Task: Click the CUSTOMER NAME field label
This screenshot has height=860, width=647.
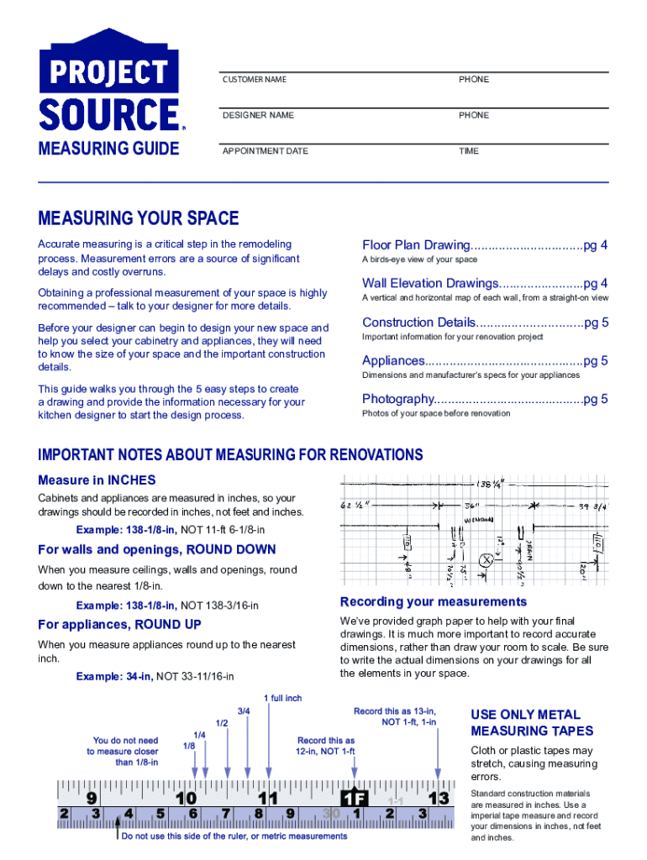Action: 254,80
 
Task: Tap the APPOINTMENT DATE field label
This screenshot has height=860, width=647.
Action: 265,151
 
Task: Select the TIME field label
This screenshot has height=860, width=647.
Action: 468,151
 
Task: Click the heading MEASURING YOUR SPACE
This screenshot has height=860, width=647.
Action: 139,219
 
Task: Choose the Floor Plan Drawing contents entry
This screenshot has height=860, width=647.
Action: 485,245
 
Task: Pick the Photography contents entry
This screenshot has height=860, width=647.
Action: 485,399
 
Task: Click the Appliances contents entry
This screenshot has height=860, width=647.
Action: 485,361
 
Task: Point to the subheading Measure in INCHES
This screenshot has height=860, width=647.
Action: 97,480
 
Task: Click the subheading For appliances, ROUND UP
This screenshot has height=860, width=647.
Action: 119,624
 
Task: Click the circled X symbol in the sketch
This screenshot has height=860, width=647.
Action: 485,560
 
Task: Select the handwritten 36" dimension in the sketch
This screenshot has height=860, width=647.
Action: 471,506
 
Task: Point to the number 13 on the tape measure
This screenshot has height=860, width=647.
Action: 438,796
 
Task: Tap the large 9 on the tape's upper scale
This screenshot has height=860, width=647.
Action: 91,797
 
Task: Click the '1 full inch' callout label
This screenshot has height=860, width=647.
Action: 282,698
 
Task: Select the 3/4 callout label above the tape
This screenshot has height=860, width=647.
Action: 244,711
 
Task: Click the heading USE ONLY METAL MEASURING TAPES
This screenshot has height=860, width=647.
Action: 532,722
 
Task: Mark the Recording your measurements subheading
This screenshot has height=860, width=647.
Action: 433,602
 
